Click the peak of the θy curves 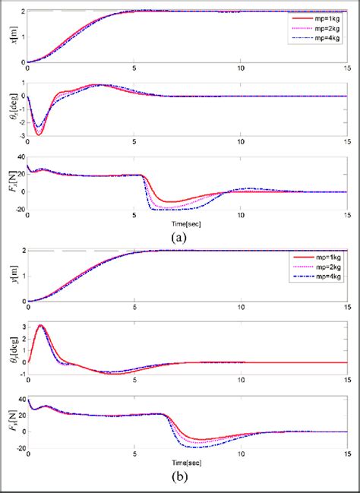pos(40,325)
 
